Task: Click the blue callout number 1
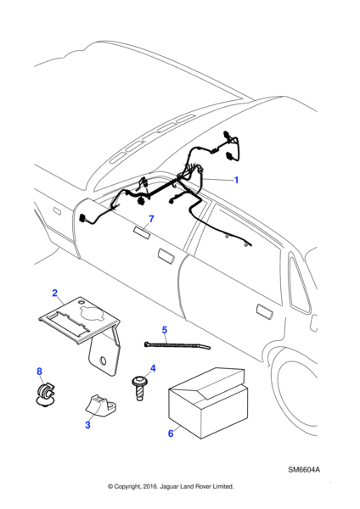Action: coord(237,180)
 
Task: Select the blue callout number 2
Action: coord(54,293)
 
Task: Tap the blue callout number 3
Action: coord(87,425)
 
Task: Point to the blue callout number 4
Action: coord(153,368)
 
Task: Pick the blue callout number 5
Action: coord(165,330)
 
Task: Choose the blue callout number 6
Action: coord(171,433)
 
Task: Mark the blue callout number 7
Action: coord(151,219)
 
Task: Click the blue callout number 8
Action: coord(39,372)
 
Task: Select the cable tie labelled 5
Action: coord(177,344)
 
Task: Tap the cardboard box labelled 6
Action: coord(208,403)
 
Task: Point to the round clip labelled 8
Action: coord(44,393)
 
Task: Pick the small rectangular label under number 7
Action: coord(142,232)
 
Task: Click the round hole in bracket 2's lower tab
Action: coord(104,361)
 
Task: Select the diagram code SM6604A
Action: coord(304,470)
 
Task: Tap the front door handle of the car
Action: coord(166,255)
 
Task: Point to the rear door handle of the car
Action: coord(264,311)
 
